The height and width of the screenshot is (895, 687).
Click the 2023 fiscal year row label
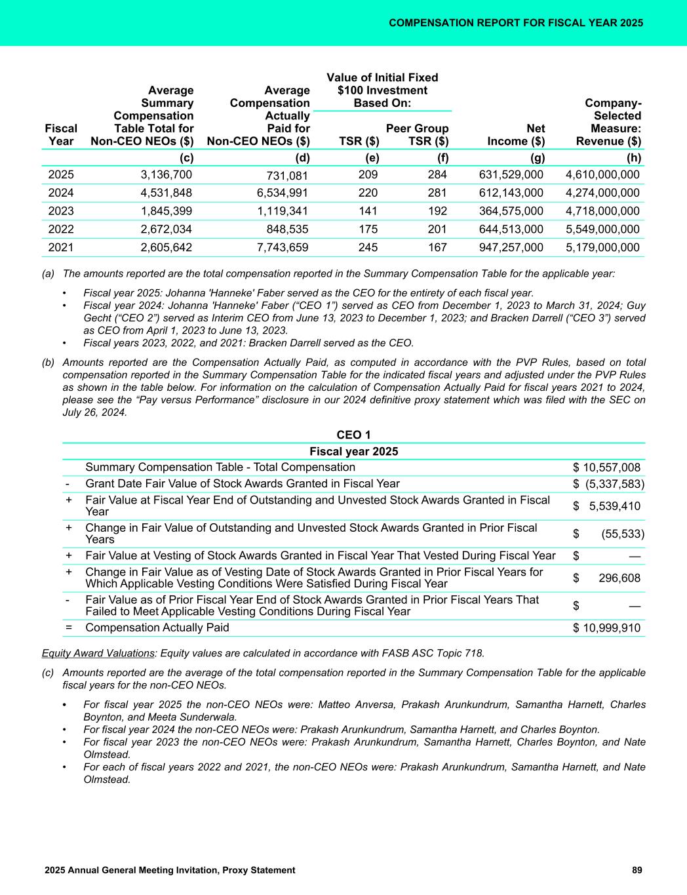pos(62,211)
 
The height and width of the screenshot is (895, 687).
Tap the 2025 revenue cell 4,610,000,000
pos(602,174)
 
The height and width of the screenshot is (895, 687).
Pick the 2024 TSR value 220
pos(368,193)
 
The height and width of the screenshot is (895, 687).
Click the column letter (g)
pos(535,157)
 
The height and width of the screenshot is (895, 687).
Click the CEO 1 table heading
pos(354,435)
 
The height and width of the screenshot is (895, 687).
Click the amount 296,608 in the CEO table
pos(619,578)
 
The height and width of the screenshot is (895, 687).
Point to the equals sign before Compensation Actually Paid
pos(69,628)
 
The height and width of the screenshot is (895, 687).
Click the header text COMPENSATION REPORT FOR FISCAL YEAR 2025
pos(516,23)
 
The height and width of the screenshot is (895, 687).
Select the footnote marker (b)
pos(48,362)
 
